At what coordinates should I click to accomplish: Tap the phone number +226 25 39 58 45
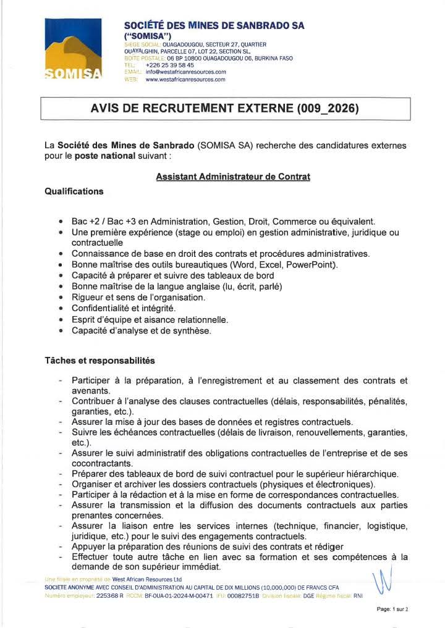(169, 65)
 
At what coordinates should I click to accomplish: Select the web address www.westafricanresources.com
(185, 80)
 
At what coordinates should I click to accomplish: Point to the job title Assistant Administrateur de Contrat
(233, 177)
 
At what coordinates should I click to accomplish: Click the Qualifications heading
(74, 191)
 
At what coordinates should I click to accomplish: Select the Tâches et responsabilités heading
(100, 360)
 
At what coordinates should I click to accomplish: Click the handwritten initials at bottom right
(384, 580)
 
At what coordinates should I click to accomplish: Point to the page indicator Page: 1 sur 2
(392, 609)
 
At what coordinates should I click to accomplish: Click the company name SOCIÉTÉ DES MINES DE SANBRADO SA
(214, 26)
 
